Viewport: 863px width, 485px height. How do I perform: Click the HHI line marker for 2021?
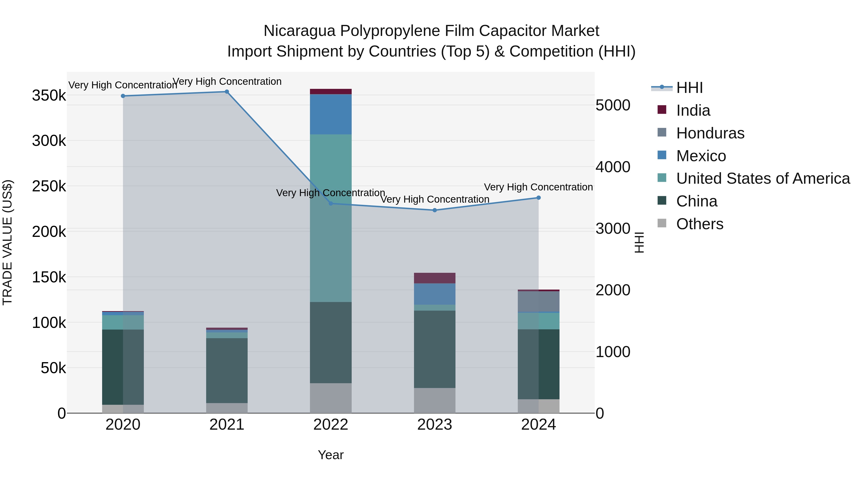pos(227,92)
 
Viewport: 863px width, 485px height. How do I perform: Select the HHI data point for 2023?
pos(435,210)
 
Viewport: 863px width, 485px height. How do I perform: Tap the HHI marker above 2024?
pos(538,198)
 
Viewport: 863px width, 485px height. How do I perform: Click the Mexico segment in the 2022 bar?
pos(331,114)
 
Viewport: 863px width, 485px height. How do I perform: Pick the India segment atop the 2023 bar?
pos(435,278)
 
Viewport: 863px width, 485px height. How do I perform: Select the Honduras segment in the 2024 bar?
pos(538,302)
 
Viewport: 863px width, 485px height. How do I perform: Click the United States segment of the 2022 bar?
pos(331,218)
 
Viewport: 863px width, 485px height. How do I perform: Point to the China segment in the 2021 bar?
pos(227,371)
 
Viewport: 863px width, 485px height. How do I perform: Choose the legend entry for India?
pos(693,110)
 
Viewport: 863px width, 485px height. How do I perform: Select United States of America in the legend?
pos(763,178)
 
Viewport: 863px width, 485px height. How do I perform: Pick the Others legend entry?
pos(700,224)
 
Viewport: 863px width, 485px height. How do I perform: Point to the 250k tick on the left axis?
pos(49,186)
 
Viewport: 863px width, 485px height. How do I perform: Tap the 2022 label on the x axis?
pos(331,425)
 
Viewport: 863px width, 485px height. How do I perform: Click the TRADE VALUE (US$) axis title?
pos(7,242)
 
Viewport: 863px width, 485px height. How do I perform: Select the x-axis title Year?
pos(331,455)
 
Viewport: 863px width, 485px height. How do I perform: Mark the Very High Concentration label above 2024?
pos(538,187)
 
